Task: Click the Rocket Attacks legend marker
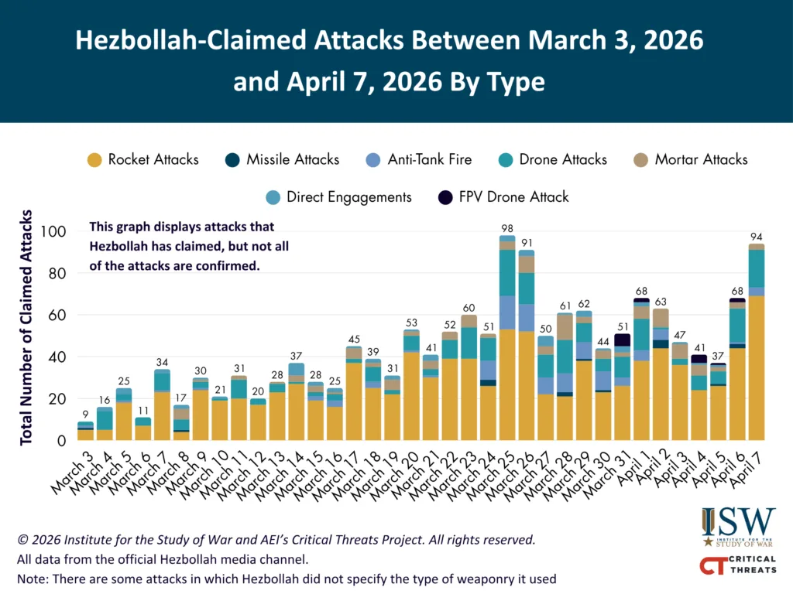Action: point(94,160)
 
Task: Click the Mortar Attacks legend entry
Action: point(701,160)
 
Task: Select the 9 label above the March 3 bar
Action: point(85,414)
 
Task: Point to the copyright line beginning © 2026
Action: point(275,540)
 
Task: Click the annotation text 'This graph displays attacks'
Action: point(182,227)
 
